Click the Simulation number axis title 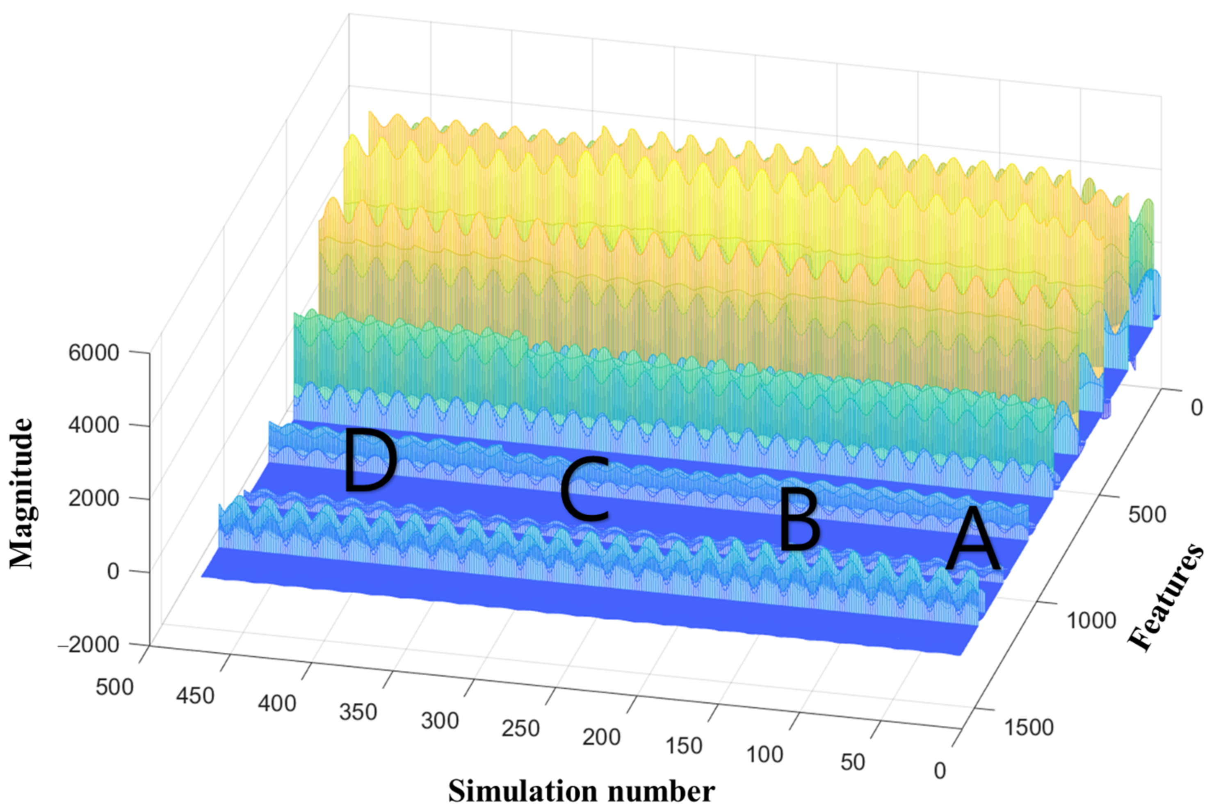click(581, 791)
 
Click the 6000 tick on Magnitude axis click(94, 353)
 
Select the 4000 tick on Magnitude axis click(94, 426)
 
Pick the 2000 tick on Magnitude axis click(94, 499)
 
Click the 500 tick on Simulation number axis click(114, 688)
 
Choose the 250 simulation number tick click(521, 729)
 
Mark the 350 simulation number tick click(358, 712)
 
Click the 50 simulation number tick click(852, 763)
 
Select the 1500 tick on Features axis click(1028, 727)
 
